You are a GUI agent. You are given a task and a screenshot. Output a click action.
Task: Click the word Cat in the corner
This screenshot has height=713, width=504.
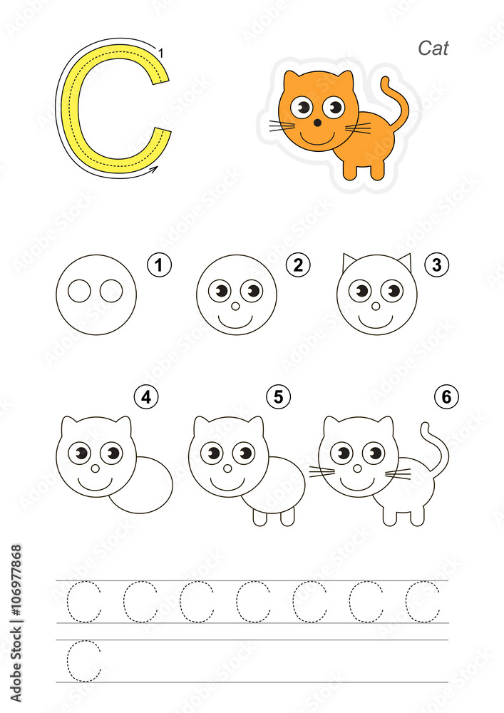click(x=433, y=48)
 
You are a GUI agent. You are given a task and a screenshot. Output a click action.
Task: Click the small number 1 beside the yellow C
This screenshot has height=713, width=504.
click(x=161, y=53)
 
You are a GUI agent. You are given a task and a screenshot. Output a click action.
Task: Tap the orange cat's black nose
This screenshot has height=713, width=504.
click(x=317, y=123)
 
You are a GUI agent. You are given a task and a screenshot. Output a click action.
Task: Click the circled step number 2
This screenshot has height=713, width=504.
click(x=298, y=265)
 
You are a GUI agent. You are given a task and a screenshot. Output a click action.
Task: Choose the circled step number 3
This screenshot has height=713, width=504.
click(x=437, y=265)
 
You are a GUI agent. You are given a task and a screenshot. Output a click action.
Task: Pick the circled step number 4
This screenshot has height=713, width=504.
click(x=146, y=396)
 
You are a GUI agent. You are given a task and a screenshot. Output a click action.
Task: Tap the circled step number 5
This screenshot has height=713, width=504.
click(x=279, y=396)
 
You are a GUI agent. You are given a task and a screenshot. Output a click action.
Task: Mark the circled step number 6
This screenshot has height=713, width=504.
click(x=447, y=396)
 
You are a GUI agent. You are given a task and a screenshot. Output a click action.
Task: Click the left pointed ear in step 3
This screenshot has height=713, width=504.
click(x=349, y=262)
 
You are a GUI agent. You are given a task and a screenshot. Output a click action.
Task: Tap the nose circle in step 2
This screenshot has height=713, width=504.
click(x=236, y=306)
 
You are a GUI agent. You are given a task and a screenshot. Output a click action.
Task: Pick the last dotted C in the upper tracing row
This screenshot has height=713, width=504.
click(x=423, y=602)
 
